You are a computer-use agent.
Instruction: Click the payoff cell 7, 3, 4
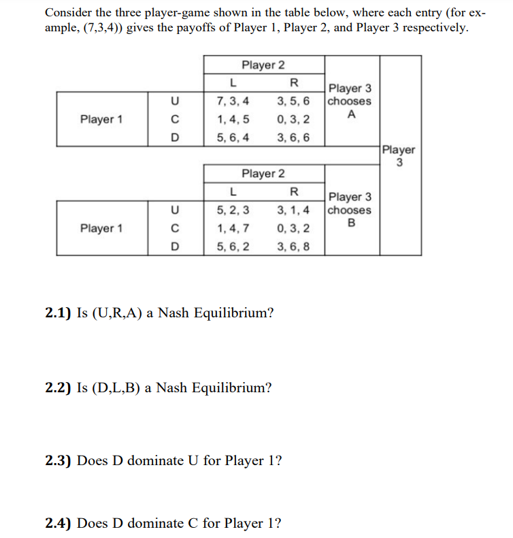(232, 101)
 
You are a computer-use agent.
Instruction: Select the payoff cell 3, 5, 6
(294, 101)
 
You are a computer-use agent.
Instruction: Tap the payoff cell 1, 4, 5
(232, 119)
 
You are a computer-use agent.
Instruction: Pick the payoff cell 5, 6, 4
(232, 137)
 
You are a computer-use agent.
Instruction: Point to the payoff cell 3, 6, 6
(294, 137)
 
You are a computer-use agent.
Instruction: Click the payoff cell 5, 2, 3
(232, 210)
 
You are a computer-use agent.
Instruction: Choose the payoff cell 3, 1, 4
(294, 210)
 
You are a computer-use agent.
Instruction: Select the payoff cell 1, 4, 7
(232, 228)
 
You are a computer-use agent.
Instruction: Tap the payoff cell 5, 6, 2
(232, 246)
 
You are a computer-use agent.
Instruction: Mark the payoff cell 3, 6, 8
(294, 246)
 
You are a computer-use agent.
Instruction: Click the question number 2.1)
(59, 313)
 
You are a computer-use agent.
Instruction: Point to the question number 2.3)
(59, 460)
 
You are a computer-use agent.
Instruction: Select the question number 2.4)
(59, 523)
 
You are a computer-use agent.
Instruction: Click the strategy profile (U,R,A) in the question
(120, 313)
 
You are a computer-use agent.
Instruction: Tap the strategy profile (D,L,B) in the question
(119, 388)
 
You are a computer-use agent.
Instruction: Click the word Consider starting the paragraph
(69, 13)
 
